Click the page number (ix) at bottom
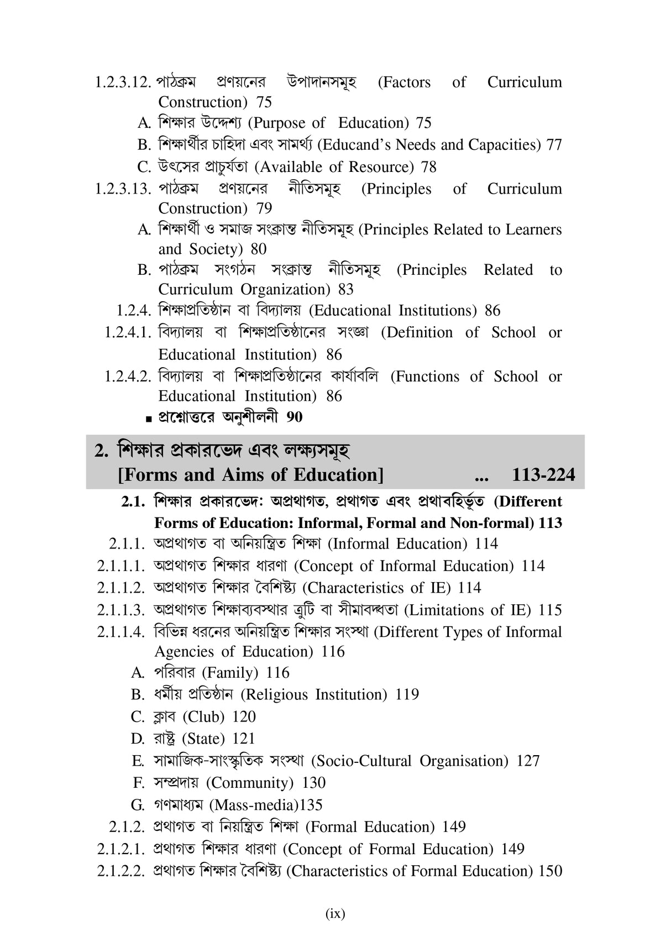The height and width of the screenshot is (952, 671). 335,913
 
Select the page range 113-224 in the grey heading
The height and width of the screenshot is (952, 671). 543,475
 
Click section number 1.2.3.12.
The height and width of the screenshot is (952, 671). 123,82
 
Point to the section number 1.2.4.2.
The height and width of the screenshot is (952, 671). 128,377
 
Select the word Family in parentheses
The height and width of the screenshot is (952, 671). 230,673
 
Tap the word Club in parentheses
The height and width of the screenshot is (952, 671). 203,717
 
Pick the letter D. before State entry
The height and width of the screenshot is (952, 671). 137,739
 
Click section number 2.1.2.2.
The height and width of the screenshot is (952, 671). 120,871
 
